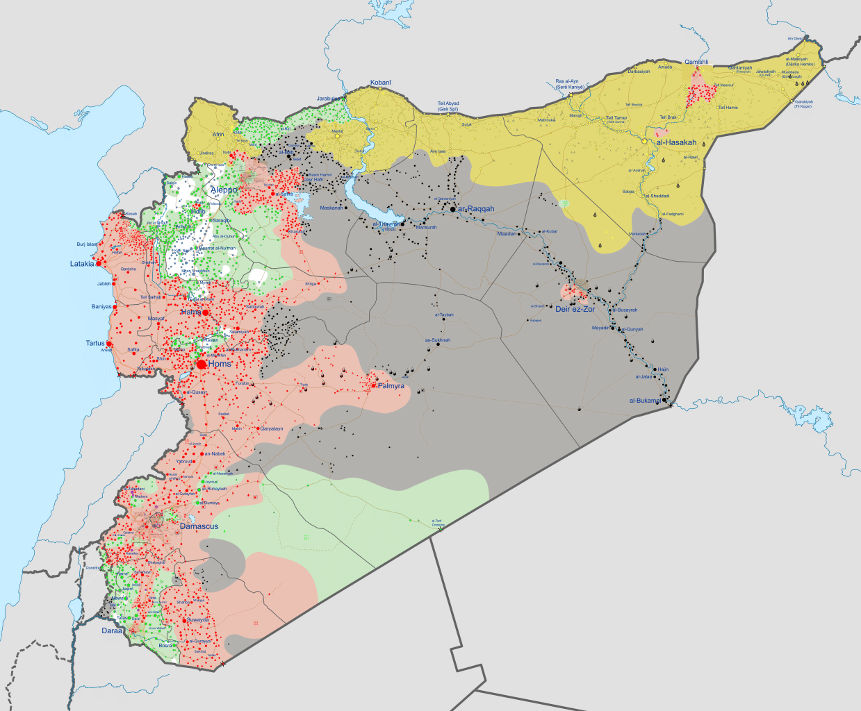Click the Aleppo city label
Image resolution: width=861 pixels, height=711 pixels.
(224, 190)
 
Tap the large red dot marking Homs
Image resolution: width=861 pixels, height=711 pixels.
(202, 364)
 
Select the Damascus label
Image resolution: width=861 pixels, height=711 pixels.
(199, 526)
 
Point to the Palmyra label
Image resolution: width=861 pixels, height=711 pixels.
(391, 386)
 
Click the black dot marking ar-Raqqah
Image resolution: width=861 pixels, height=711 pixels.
(453, 209)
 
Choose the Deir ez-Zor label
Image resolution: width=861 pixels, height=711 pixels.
(575, 309)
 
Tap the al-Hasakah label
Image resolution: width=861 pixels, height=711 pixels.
(676, 142)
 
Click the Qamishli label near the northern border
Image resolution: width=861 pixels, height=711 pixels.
(696, 62)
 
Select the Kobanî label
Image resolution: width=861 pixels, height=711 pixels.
(380, 83)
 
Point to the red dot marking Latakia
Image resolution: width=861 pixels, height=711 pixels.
(99, 264)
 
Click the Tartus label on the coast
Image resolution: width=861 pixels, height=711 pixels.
(95, 343)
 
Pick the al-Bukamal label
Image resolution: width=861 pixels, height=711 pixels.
(645, 401)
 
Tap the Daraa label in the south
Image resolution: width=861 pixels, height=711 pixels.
(112, 630)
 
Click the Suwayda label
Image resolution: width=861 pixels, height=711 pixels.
(197, 619)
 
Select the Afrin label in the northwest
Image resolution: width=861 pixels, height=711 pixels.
(218, 135)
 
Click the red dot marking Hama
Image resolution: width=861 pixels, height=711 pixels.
(205, 313)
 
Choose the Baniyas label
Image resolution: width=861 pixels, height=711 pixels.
(101, 306)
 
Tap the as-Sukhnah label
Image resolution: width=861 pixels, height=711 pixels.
(437, 340)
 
